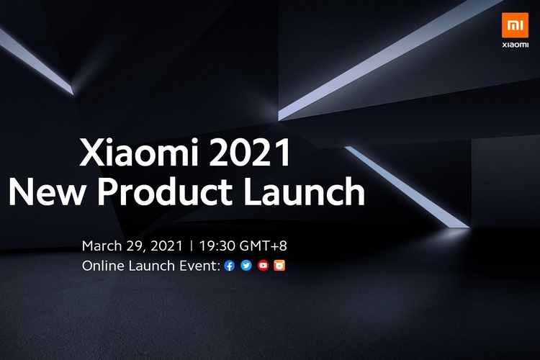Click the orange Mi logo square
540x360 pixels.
(515, 25)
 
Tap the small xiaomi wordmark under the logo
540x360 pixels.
(515, 45)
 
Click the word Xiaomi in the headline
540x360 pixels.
(139, 152)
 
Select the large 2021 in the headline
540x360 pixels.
(250, 152)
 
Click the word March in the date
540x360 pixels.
(102, 246)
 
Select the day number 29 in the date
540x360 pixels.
(135, 246)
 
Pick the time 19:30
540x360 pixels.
(217, 246)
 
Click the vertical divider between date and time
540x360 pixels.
(191, 246)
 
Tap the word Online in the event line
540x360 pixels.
(104, 266)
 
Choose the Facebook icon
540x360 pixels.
(230, 266)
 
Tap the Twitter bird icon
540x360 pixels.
(246, 265)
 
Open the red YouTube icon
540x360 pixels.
(263, 265)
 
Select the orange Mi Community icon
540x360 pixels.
(279, 265)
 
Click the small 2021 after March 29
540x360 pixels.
(166, 246)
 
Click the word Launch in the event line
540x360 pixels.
(152, 266)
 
